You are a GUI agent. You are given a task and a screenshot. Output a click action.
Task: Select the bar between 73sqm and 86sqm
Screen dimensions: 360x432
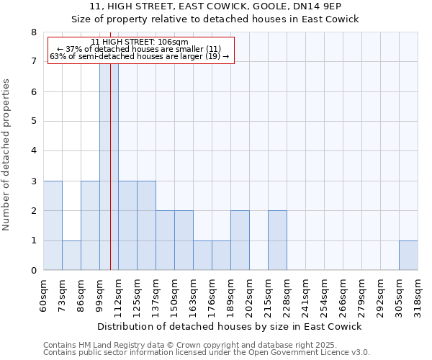71,256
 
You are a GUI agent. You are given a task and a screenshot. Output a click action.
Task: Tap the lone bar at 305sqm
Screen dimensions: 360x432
408,256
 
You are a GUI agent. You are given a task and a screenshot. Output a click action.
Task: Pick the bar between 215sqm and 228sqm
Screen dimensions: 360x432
277,240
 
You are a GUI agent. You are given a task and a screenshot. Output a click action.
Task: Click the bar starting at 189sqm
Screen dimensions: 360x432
240,240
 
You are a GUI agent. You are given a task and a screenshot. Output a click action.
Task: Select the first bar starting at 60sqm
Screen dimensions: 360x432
53,225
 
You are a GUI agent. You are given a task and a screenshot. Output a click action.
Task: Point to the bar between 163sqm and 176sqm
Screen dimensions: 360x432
202,256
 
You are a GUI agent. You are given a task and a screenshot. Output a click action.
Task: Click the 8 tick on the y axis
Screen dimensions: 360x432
33,32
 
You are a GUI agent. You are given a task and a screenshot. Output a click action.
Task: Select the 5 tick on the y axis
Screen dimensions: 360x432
33,122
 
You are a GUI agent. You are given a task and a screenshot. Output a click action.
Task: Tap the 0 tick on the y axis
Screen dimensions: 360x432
33,271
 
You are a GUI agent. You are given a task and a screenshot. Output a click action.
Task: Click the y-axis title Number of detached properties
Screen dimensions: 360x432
7,156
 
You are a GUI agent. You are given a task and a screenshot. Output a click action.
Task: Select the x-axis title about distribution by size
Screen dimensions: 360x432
230,326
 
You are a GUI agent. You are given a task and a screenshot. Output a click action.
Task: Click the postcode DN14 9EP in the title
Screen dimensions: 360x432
326,6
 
